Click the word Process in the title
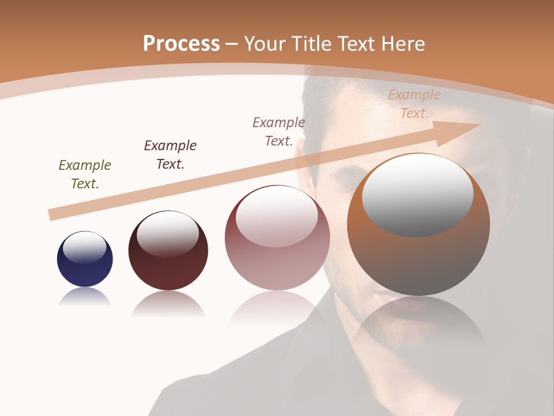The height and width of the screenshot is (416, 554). [181, 44]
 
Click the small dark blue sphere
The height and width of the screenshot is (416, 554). [85, 269]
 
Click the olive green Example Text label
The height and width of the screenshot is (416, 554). [85, 174]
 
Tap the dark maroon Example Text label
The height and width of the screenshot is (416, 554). [170, 155]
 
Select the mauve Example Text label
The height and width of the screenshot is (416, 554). [279, 132]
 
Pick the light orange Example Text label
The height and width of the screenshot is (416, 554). [414, 104]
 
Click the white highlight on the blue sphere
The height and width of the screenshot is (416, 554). [85, 247]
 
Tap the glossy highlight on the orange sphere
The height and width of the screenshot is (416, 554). [417, 194]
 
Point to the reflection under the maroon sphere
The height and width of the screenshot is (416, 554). [168, 303]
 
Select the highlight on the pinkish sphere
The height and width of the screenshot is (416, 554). [277, 217]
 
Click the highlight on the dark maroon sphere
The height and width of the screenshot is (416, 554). [168, 233]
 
